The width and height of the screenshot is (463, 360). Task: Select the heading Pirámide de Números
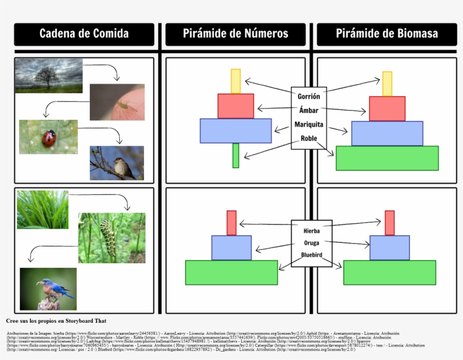click(235, 34)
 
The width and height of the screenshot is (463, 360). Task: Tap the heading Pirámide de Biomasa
click(387, 34)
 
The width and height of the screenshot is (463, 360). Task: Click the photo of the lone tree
click(49, 75)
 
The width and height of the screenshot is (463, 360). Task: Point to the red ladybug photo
click(49, 137)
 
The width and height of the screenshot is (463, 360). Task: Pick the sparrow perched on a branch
click(117, 163)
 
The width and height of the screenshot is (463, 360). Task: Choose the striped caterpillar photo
click(112, 237)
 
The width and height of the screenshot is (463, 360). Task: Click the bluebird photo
click(48, 289)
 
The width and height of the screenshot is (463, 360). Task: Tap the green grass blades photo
click(42, 210)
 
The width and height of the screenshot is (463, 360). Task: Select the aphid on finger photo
click(117, 102)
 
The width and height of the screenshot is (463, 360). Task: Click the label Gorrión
click(309, 97)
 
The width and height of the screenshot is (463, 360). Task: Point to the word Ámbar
click(309, 110)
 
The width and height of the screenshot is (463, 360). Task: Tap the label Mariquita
click(309, 124)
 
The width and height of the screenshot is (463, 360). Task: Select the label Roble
click(309, 138)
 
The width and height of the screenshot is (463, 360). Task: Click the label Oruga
click(312, 243)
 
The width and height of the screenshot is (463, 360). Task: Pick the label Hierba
click(312, 231)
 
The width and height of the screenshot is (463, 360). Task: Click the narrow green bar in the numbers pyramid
click(236, 155)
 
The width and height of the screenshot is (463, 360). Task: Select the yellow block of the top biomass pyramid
click(387, 84)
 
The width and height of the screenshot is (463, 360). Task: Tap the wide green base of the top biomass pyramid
click(387, 158)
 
